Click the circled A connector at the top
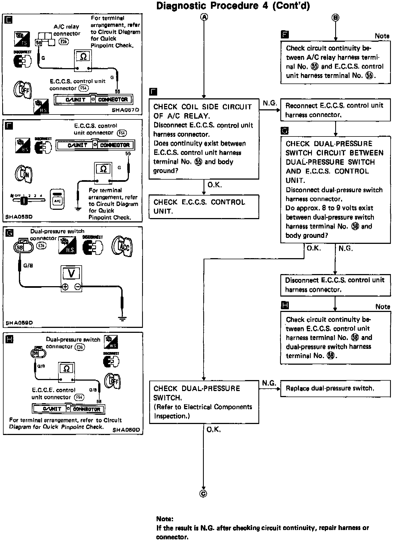click(204, 17)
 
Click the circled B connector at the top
click(335, 18)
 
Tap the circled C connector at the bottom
click(203, 493)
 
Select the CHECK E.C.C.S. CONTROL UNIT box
click(204, 207)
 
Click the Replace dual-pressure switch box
click(335, 388)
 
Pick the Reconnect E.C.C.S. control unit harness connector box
click(335, 110)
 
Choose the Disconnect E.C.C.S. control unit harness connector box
click(335, 285)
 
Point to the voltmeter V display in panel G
click(71, 273)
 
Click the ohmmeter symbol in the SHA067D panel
click(83, 57)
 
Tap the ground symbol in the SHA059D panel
click(122, 319)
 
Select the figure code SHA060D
click(126, 430)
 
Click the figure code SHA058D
click(19, 217)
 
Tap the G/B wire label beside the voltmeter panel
click(28, 266)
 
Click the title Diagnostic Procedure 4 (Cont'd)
click(233, 6)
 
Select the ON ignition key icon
click(24, 174)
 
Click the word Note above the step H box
click(383, 306)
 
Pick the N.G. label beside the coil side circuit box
click(270, 103)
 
